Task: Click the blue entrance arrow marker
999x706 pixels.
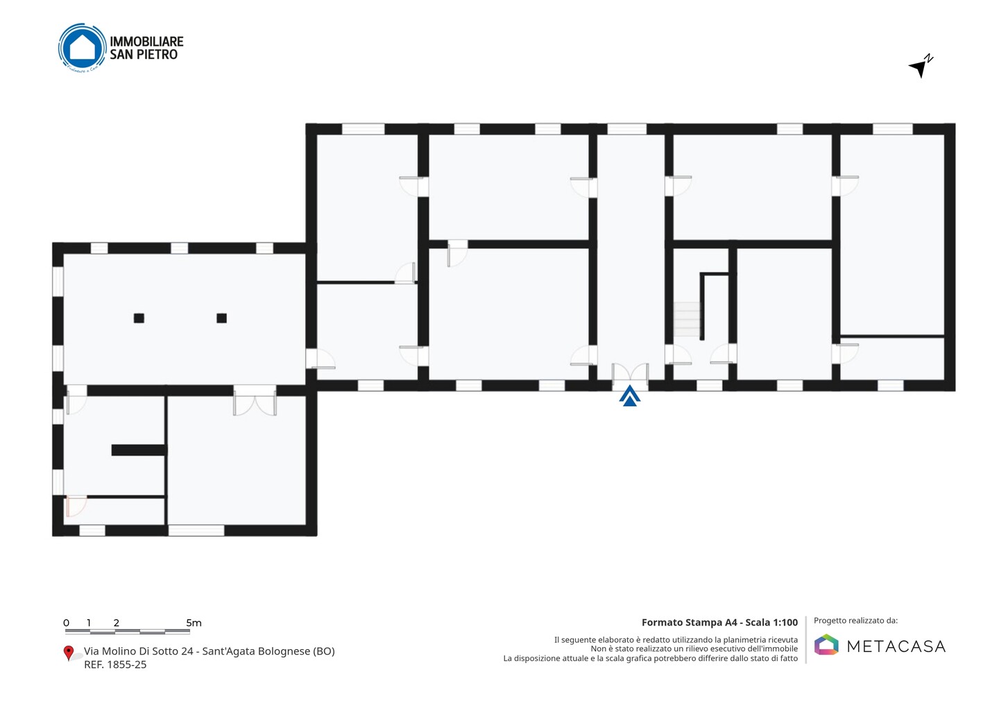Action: click(630, 396)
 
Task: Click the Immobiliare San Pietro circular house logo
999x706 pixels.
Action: click(83, 48)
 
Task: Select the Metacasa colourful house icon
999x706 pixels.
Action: click(826, 644)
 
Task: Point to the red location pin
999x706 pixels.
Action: click(68, 653)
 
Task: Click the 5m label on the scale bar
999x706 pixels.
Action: click(194, 623)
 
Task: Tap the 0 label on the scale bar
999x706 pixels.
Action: click(67, 623)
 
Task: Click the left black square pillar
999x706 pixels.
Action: click(139, 318)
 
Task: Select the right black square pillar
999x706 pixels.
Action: click(222, 318)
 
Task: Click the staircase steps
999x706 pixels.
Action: click(687, 319)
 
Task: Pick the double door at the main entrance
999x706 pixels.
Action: click(630, 374)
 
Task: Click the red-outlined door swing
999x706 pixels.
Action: click(76, 506)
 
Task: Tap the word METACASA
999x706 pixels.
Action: click(896, 646)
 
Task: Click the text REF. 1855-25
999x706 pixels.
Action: click(115, 664)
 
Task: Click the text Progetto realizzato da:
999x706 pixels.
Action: click(855, 621)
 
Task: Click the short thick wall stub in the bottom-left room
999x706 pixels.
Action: click(139, 449)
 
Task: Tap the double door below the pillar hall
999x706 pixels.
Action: click(255, 401)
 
